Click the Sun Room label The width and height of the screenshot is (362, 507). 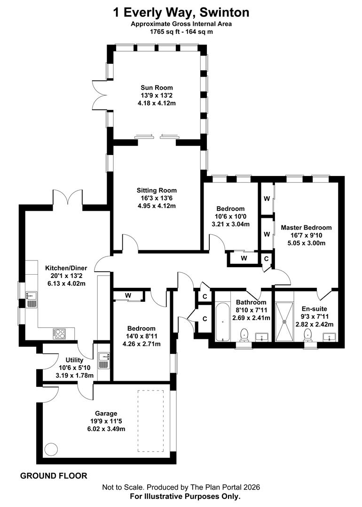coord(157,87)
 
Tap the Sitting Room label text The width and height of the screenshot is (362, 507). coord(157,190)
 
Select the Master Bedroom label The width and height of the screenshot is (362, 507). coord(306,227)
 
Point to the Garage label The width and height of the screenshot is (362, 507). coord(106,413)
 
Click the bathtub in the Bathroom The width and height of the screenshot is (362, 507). coord(222,323)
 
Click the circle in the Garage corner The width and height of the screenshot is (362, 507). coord(50,449)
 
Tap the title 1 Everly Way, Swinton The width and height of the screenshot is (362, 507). coord(181,12)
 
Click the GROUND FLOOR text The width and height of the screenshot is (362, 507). coord(53,476)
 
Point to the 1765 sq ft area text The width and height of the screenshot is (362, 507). coord(181,32)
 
